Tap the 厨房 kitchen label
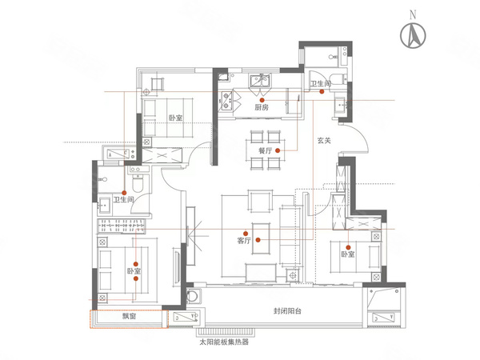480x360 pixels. pos(262,107)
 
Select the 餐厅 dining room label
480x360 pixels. pos(265,150)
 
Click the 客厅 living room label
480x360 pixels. pos(244,241)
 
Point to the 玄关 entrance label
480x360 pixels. pos(324,141)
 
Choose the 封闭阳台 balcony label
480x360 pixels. pos(287,311)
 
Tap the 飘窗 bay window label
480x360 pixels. pos(129,316)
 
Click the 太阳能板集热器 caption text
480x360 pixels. pos(224,342)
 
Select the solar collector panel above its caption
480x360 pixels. pos(226,331)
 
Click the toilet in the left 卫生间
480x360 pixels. pos(138,183)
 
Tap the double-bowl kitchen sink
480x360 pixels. pos(260,80)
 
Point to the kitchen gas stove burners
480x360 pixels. pos(226,102)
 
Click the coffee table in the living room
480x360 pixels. pos(261,238)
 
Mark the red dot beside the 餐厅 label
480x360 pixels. pos(278,150)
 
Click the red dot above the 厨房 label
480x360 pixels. pos(262,100)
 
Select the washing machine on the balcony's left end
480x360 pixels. pos(193,296)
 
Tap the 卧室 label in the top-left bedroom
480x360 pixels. pos(176,118)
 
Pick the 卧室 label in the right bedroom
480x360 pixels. pos(348,254)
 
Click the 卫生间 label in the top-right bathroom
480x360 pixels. pos(321,83)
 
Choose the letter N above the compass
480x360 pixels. pos(413,14)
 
